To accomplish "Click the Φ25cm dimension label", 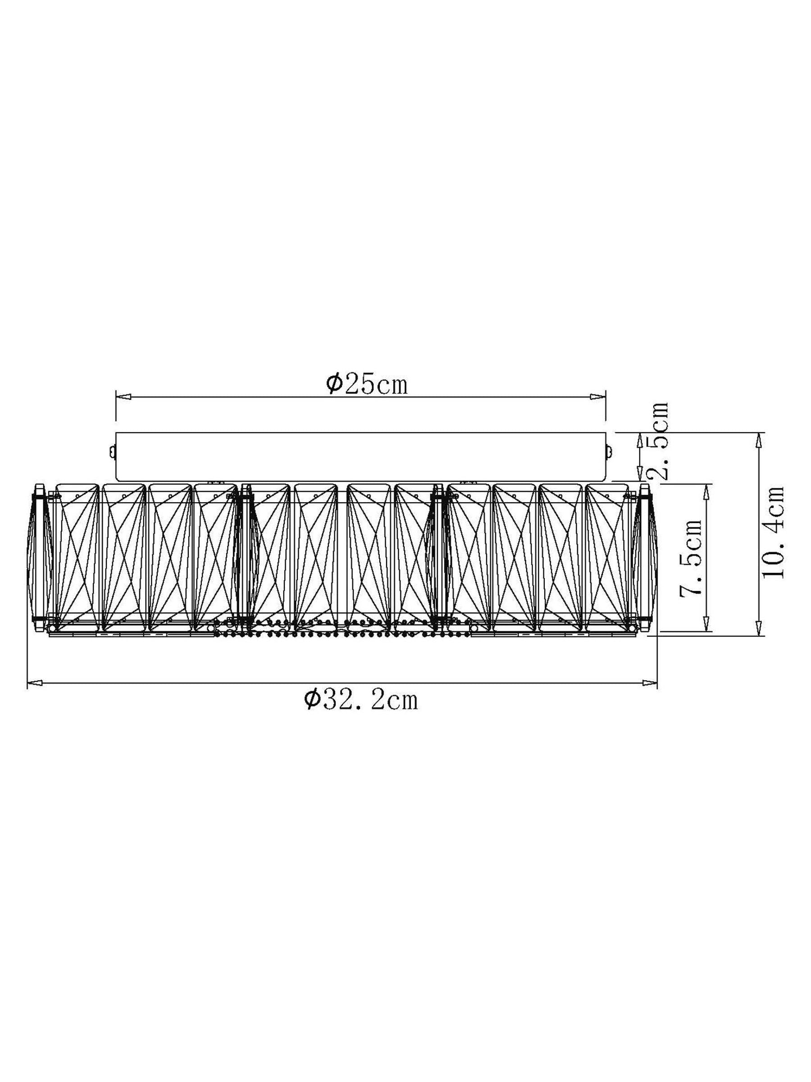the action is coord(367,385).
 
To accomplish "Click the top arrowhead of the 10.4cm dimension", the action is coord(758,439).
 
